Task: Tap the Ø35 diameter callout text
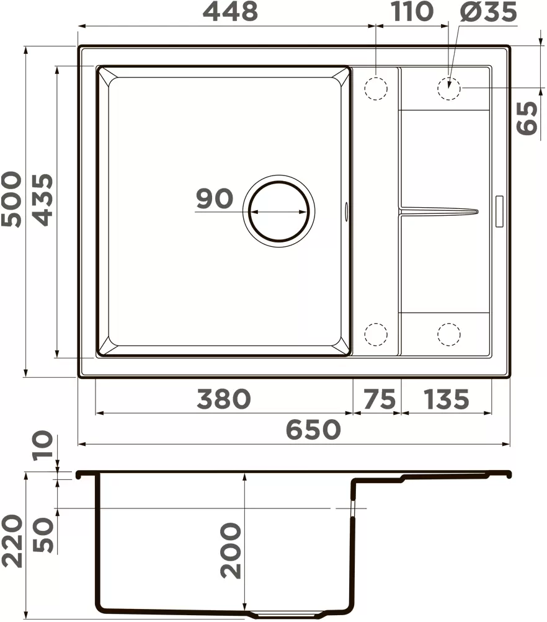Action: click(488, 12)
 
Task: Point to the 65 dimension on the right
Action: click(528, 117)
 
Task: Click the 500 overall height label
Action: click(12, 199)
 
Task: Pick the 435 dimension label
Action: click(42, 199)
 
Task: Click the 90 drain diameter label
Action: click(215, 199)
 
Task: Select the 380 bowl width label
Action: click(223, 399)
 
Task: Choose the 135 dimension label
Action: click(446, 399)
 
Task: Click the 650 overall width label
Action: click(313, 430)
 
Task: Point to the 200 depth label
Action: click(230, 551)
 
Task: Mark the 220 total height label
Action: click(12, 541)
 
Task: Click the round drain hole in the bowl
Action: click(279, 211)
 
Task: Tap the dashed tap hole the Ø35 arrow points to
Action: click(449, 88)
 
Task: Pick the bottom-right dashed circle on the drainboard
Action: click(449, 334)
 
